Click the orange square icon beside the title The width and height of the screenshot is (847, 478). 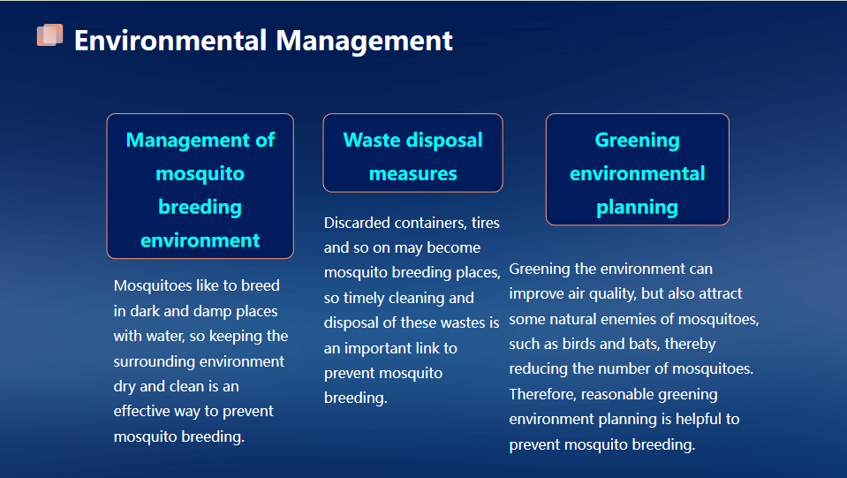coord(49,35)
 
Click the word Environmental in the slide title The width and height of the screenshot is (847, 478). coord(170,41)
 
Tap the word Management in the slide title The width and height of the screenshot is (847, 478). coord(364,41)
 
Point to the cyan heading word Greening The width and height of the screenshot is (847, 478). coord(637,140)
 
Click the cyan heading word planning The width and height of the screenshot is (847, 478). coord(637,208)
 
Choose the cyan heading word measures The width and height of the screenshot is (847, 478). coord(412,174)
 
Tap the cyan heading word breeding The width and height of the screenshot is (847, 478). coord(200,208)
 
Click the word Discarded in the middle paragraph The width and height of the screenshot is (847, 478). coord(357,223)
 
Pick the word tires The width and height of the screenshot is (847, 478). coord(485,223)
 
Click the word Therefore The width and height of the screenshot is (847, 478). coord(543,394)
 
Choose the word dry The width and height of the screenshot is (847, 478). coord(125,386)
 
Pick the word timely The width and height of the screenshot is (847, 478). coord(363,298)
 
